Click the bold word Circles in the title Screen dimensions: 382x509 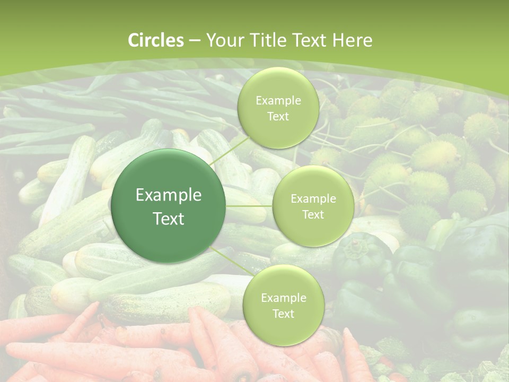pos(155,40)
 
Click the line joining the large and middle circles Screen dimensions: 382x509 pos(249,206)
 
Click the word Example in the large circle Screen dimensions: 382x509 pos(169,195)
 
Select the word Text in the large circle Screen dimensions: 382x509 pos(169,219)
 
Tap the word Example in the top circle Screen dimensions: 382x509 pos(278,101)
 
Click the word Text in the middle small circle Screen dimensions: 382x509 pos(313,215)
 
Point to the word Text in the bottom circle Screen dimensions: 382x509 pos(283,314)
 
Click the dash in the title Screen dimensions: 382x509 pos(195,40)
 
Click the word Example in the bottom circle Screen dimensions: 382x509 pos(283,298)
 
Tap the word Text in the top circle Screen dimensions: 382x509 pos(278,117)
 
